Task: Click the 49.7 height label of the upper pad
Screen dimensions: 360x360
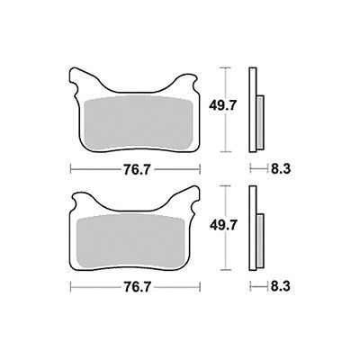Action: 223,106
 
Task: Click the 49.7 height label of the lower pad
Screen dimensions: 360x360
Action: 223,225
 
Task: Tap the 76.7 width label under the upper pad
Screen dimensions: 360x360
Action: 136,170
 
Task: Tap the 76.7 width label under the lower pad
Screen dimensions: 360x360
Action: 136,287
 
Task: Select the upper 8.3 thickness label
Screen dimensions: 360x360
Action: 281,169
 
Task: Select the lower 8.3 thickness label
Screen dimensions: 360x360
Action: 281,287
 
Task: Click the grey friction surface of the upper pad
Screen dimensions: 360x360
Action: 139,122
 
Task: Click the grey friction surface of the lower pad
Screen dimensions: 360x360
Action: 130,240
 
